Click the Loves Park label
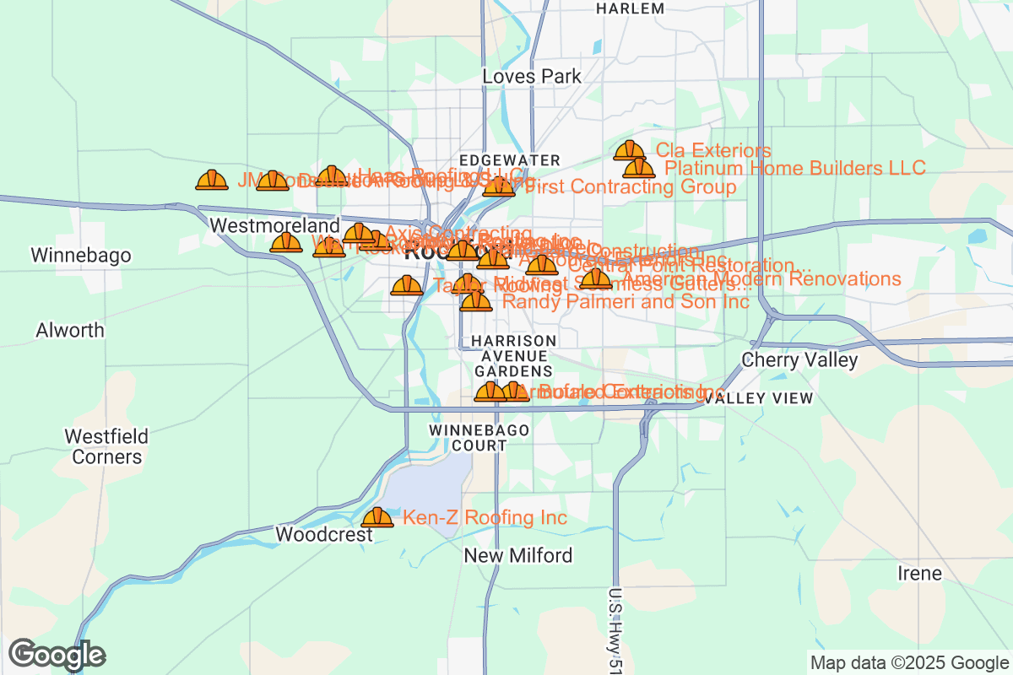[532, 76]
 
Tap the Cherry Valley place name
[799, 360]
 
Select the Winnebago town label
[81, 255]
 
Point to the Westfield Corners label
[106, 446]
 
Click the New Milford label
[518, 555]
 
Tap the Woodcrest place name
[324, 535]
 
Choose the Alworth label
[70, 330]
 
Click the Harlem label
[630, 8]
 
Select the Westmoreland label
[274, 226]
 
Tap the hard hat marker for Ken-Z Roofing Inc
[377, 516]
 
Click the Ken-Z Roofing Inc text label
[485, 517]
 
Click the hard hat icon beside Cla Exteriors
[629, 150]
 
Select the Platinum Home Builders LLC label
[795, 168]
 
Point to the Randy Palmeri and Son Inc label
[626, 301]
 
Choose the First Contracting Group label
[631, 186]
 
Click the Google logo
[57, 655]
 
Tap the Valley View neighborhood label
[759, 398]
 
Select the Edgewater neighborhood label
[510, 160]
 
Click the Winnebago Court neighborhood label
[479, 437]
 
